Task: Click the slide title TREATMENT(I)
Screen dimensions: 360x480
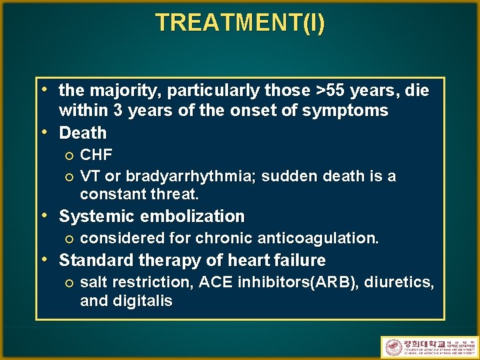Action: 240,23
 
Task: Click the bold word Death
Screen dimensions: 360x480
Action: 83,133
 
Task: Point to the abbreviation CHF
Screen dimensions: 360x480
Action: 96,155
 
